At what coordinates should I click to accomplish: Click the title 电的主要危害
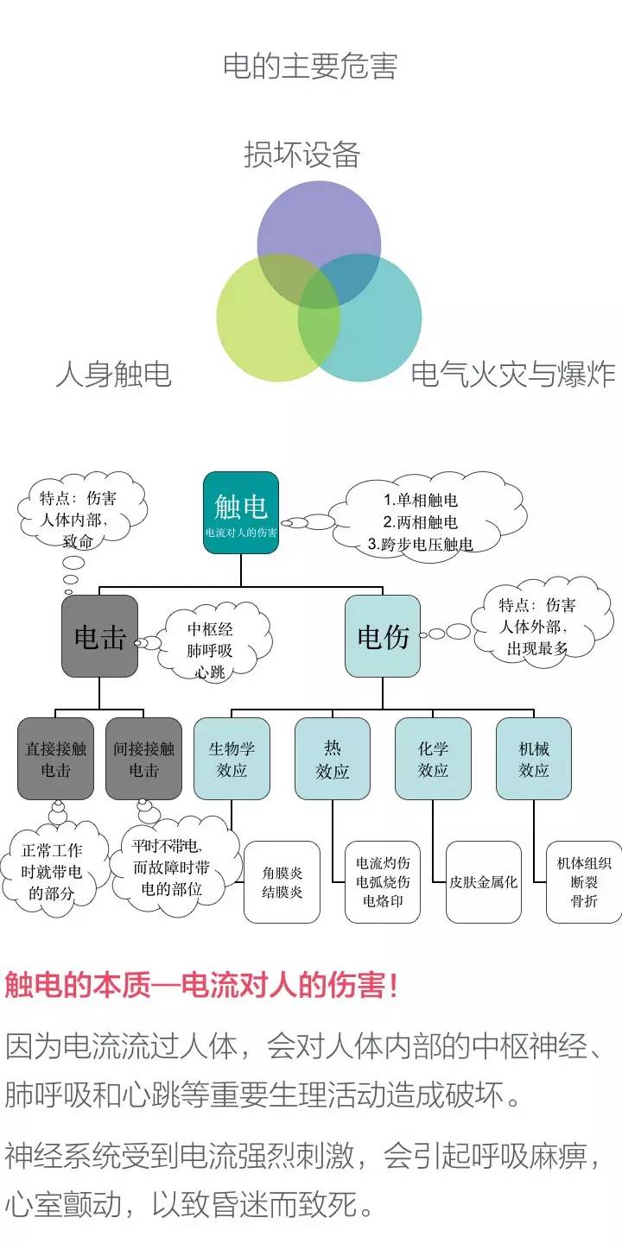[x=310, y=66]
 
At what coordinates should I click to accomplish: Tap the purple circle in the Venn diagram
[x=319, y=220]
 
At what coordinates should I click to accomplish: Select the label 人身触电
[x=113, y=374]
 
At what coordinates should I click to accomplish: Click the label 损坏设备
[x=301, y=155]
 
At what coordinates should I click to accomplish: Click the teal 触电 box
[x=240, y=513]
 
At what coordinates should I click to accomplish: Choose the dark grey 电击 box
[x=99, y=636]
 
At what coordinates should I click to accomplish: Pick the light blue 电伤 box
[x=383, y=636]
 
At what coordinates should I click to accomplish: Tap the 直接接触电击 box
[x=56, y=758]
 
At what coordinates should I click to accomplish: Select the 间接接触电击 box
[x=143, y=758]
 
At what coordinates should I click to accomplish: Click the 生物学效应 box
[x=232, y=758]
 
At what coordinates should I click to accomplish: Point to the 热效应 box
[x=333, y=758]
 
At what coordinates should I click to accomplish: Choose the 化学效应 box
[x=433, y=758]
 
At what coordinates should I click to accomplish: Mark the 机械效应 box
[x=533, y=758]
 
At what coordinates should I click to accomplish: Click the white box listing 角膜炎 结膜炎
[x=282, y=882]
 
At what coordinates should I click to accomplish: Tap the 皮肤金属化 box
[x=484, y=882]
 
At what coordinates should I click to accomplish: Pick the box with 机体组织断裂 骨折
[x=584, y=882]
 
